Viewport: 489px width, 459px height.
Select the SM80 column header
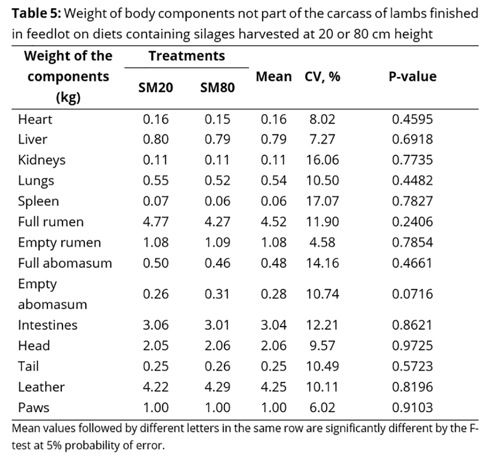pyautogui.click(x=218, y=88)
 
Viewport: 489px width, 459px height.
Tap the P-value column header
pyautogui.click(x=412, y=76)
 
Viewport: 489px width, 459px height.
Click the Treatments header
pyautogui.click(x=187, y=56)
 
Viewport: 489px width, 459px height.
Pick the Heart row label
pyautogui.click(x=35, y=119)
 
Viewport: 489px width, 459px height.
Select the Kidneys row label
pyautogui.click(x=42, y=160)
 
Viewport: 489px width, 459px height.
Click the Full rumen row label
pyautogui.click(x=51, y=222)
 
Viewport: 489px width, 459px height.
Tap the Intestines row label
pyautogui.click(x=48, y=325)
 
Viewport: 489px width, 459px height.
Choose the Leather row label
pyautogui.click(x=41, y=387)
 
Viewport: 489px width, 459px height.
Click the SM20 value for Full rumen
pyautogui.click(x=156, y=222)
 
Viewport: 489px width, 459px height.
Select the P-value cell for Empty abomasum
pyautogui.click(x=412, y=294)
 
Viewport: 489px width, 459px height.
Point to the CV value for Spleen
pyautogui.click(x=322, y=201)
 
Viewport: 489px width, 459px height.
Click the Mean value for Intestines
pyautogui.click(x=274, y=325)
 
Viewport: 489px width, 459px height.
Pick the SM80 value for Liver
pyautogui.click(x=218, y=140)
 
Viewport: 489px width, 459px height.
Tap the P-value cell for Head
pyautogui.click(x=412, y=345)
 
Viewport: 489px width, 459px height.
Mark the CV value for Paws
pyautogui.click(x=322, y=407)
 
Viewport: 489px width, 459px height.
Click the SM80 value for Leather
pyautogui.click(x=218, y=387)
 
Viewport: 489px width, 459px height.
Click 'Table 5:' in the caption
pyautogui.click(x=36, y=14)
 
